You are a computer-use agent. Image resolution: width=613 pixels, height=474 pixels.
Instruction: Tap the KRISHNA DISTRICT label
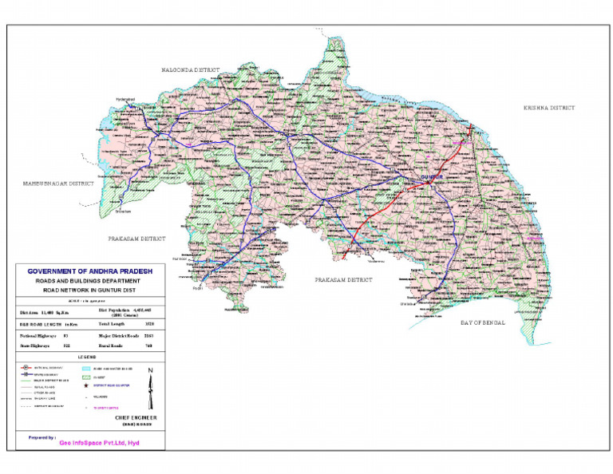(549, 107)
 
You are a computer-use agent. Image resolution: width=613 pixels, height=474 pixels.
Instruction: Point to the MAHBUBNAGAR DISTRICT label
(57, 184)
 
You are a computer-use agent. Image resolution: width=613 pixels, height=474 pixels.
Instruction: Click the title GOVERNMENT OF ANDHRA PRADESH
(89, 271)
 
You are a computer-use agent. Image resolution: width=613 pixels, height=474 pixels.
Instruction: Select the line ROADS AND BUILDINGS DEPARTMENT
(89, 282)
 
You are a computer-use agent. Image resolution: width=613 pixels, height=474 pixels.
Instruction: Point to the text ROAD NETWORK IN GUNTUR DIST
(89, 292)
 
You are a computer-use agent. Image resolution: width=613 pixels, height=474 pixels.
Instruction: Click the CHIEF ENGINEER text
(134, 418)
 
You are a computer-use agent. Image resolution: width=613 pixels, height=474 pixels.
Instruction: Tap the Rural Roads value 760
(148, 346)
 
